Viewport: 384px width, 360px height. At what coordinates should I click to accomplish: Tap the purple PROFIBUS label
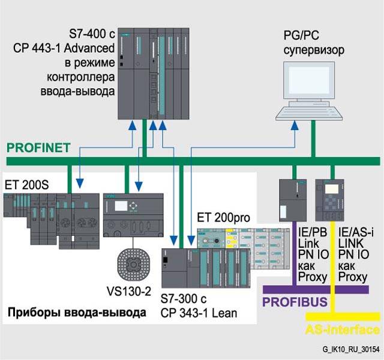click(x=295, y=301)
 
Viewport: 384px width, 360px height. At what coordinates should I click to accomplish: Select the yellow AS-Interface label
click(x=343, y=329)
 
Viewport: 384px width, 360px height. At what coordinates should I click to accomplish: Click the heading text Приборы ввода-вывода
click(x=76, y=313)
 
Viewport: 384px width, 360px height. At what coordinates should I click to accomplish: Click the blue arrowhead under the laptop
click(x=293, y=125)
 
